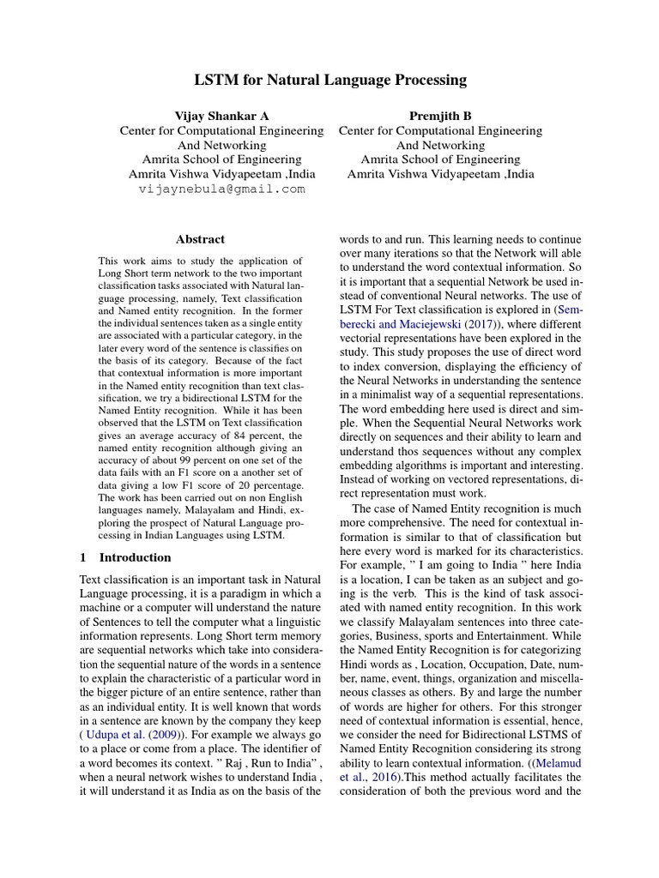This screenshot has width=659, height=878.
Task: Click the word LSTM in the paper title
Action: click(215, 81)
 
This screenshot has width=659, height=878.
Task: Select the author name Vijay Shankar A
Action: click(221, 116)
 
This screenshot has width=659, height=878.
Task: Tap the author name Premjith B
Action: click(440, 116)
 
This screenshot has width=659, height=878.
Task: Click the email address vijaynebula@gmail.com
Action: click(221, 189)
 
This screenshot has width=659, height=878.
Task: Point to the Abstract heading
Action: click(200, 240)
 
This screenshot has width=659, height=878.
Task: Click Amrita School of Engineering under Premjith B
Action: click(440, 159)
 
